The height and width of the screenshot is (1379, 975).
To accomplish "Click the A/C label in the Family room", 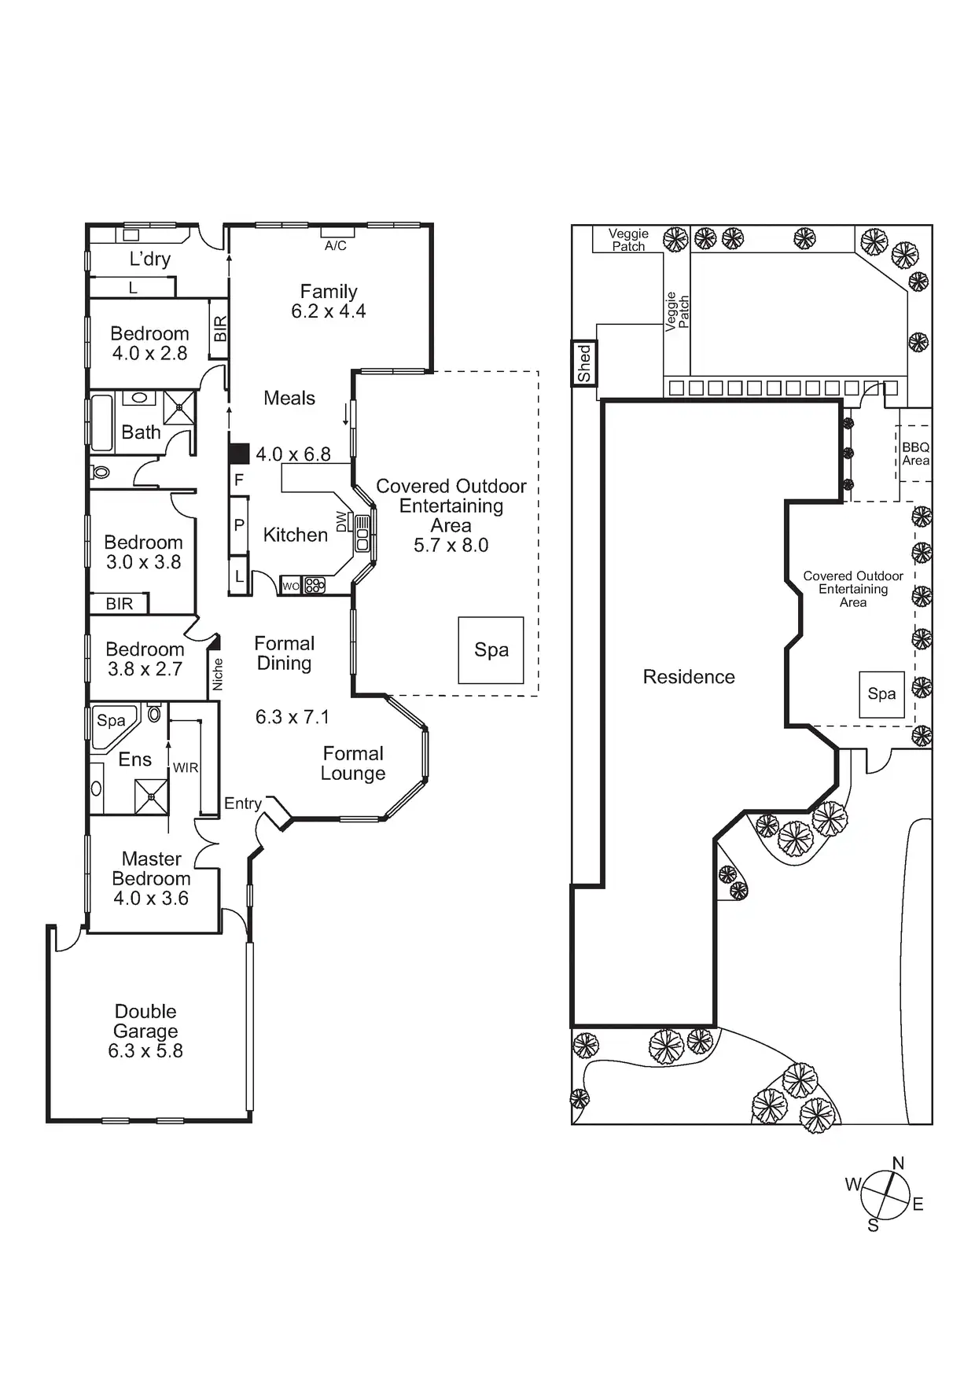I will [x=336, y=246].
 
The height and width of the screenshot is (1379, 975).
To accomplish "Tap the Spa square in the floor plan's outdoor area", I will [x=491, y=650].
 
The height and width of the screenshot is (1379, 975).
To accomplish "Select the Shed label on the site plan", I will [x=583, y=363].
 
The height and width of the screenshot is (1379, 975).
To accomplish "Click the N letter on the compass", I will [x=898, y=1163].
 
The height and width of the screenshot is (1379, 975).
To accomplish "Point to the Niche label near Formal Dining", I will [x=218, y=675].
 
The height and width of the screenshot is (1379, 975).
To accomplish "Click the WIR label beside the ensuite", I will [x=186, y=767].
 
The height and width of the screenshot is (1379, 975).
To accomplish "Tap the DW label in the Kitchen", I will [x=341, y=521].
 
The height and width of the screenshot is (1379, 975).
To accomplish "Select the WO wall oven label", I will [x=290, y=586].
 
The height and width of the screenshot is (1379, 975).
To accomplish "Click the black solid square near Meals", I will [x=239, y=454].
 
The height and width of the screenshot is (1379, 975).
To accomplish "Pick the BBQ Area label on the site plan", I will [x=915, y=454].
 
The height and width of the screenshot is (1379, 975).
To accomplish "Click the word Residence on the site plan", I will [x=689, y=677].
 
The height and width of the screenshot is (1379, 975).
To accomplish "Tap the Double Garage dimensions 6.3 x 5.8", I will [x=145, y=1051].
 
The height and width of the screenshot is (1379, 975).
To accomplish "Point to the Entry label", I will [x=242, y=803].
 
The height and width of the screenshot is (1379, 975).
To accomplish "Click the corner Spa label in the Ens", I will [x=111, y=720].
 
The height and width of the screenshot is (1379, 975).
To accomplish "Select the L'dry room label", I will [x=149, y=259].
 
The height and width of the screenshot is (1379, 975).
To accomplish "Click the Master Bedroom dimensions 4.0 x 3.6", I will [x=151, y=899].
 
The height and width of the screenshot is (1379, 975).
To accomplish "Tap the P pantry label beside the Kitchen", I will [x=239, y=525].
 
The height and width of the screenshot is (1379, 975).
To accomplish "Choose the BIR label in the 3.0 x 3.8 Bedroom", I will [x=120, y=604].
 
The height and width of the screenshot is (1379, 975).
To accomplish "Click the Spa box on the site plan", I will [x=881, y=694].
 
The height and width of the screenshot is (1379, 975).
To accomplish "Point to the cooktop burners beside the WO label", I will [x=315, y=586].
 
